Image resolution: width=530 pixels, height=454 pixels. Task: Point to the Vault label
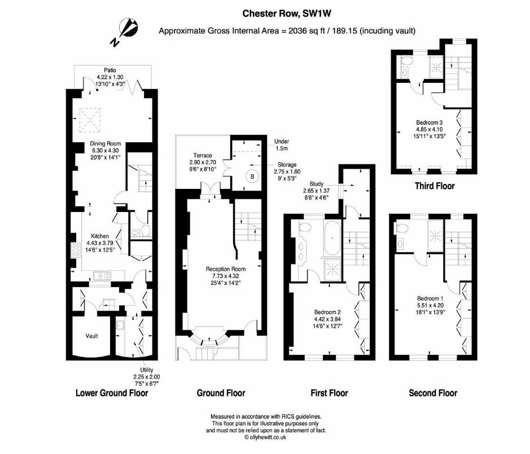coord(91,336)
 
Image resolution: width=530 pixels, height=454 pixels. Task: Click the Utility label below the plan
coord(146,370)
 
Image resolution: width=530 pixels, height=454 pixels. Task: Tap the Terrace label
coord(203,156)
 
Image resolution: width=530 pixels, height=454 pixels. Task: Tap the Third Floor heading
coord(434,186)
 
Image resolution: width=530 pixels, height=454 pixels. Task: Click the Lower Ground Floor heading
coord(112,393)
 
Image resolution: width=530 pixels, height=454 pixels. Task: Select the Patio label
coord(110,70)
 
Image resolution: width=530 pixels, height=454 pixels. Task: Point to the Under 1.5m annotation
coord(281,145)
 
